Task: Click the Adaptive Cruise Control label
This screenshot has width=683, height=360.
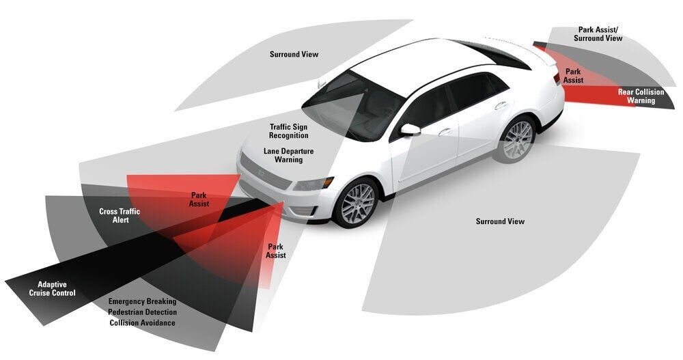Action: point(52,288)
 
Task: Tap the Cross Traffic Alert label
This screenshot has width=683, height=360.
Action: point(120,216)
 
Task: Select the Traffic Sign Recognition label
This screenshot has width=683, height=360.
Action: point(288,131)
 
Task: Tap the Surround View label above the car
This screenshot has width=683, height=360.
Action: point(294,54)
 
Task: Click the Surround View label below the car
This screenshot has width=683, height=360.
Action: point(500,221)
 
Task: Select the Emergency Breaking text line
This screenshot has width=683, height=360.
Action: point(142,301)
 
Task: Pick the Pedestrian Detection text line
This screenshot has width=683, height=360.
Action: point(142,312)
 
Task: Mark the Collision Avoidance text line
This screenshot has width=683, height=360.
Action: point(142,323)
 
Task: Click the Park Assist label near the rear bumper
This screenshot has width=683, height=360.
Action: point(573,76)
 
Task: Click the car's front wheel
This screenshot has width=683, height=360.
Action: point(356,202)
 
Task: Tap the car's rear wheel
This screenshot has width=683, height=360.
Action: point(517,139)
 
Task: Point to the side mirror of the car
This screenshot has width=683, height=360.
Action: point(410,129)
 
